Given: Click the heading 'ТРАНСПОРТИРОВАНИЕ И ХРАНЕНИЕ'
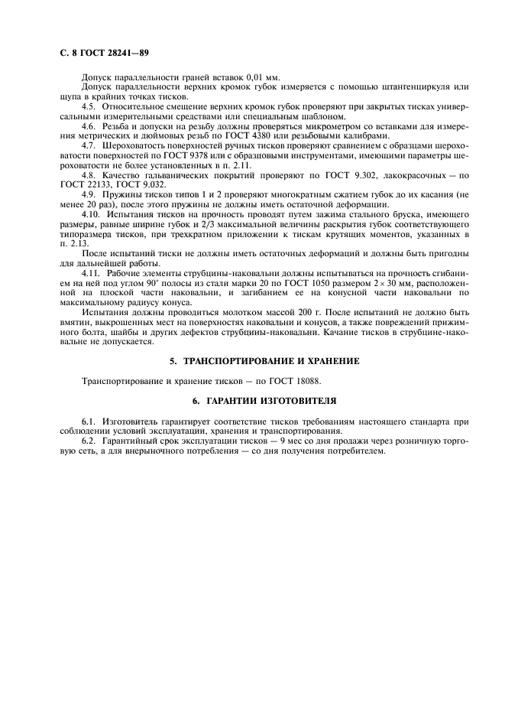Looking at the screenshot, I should [x=260, y=360].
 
